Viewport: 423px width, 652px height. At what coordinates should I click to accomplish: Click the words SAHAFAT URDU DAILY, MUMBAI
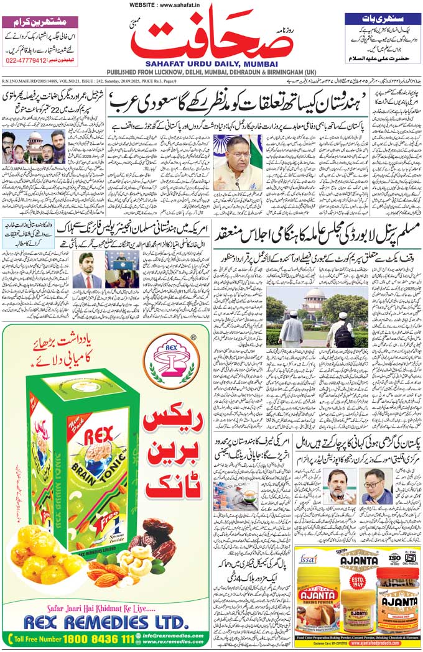pos(212,63)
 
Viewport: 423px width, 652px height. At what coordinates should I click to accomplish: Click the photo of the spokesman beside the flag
pos(237,163)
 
